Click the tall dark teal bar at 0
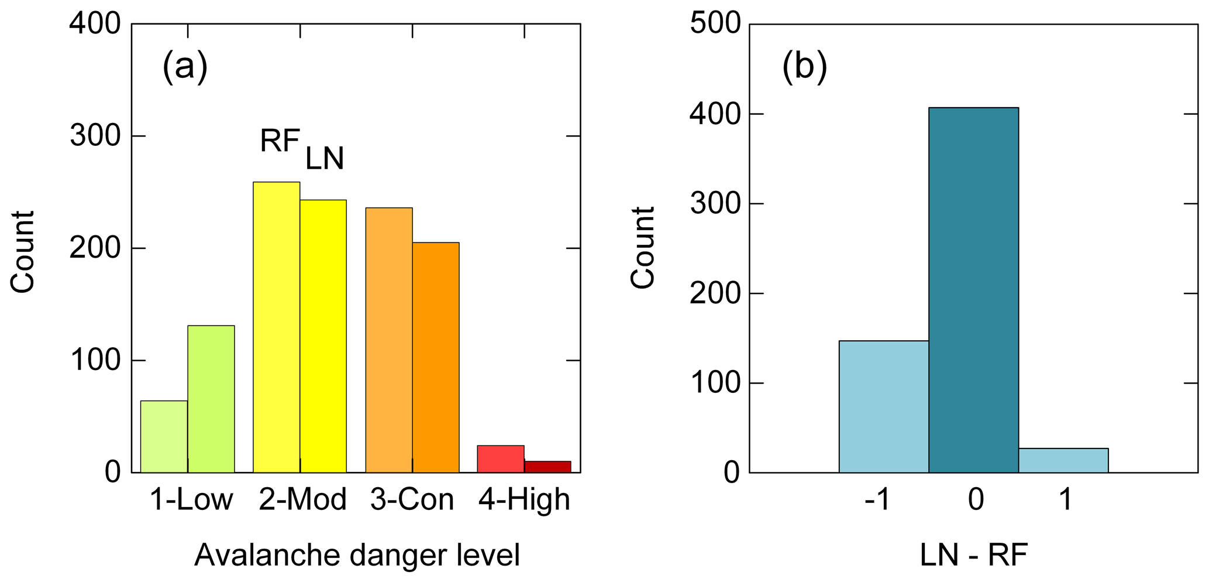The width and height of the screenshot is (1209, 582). pos(973,290)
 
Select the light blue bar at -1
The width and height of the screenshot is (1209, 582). pos(883,406)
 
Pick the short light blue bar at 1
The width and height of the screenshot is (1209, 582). pos(1063,460)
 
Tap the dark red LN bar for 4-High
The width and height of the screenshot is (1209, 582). pos(547,467)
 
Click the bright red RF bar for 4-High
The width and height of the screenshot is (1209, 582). pos(501,459)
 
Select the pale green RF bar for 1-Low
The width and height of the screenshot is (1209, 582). pos(164,436)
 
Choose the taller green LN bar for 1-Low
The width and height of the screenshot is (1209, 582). pos(211,399)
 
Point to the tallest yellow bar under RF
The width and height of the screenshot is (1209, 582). pos(276,327)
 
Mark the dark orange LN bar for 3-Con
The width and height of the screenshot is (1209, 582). pos(436,357)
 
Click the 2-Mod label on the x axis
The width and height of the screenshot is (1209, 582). pos(303,500)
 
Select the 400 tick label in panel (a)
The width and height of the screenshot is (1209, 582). pos(95,24)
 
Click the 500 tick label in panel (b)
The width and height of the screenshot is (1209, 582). pos(715,24)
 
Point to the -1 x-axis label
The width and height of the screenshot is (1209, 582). pos(877,500)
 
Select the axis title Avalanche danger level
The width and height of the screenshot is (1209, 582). pos(357,555)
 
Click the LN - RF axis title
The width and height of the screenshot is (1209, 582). pos(974,555)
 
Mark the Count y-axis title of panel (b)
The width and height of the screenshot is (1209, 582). pos(643,248)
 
